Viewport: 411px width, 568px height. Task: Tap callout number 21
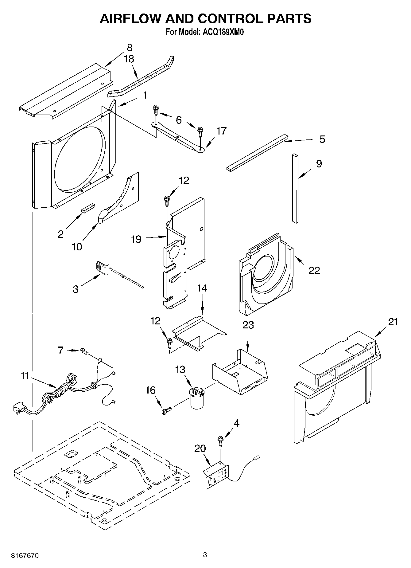point(393,322)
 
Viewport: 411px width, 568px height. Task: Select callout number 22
point(314,270)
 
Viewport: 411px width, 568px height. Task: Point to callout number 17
point(221,131)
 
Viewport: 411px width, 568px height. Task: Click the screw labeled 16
point(166,410)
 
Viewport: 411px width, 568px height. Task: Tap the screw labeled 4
point(220,440)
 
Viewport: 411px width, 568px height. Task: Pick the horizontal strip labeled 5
point(258,152)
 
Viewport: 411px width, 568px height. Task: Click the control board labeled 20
point(217,474)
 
